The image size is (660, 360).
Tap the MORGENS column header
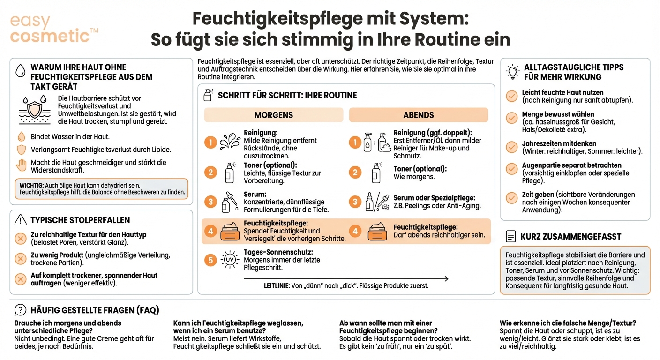tap(273, 115)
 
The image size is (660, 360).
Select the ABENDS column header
tap(419, 115)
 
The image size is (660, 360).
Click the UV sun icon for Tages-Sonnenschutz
tap(229, 260)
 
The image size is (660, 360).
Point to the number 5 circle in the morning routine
tap(210, 260)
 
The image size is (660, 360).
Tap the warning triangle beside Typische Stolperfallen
tap(21, 220)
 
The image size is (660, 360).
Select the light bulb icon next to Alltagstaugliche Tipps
tap(513, 72)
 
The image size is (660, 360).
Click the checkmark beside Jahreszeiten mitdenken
tap(512, 147)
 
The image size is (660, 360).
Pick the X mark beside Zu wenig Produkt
tap(21, 259)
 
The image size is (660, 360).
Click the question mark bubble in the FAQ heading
tap(21, 310)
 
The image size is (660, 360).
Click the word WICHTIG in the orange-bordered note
tap(31, 186)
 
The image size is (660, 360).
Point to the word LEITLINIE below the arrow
tap(277, 285)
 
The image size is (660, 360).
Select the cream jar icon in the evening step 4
tap(377, 231)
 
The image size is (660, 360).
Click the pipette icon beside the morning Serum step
tap(229, 202)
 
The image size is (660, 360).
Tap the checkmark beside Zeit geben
tap(512, 198)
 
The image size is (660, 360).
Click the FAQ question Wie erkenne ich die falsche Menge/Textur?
tap(568, 323)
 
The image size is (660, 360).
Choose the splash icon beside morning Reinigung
tap(230, 142)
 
